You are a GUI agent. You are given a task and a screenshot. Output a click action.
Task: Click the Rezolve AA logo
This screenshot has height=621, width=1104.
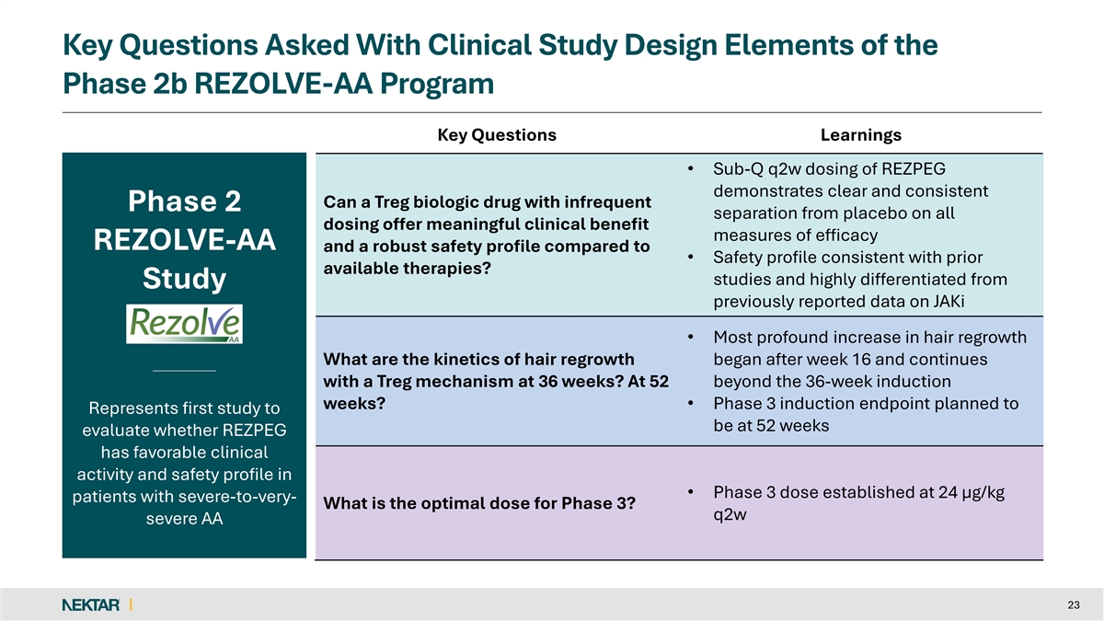pyautogui.click(x=184, y=324)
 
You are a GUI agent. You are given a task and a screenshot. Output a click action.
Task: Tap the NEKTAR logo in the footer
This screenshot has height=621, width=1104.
pyautogui.click(x=90, y=604)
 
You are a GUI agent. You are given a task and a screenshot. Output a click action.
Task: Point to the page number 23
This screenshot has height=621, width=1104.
pyautogui.click(x=1073, y=604)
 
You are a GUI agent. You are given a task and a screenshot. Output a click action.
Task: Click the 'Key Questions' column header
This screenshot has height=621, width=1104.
pyautogui.click(x=497, y=135)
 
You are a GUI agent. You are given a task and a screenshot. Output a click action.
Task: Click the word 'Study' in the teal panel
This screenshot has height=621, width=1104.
pyautogui.click(x=184, y=279)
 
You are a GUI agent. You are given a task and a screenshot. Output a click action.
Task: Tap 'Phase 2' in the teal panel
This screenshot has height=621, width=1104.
pyautogui.click(x=184, y=201)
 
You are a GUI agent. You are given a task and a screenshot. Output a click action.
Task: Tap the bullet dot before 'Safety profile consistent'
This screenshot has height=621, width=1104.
pyautogui.click(x=690, y=258)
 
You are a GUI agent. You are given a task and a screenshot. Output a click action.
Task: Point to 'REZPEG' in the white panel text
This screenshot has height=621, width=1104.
pyautogui.click(x=248, y=431)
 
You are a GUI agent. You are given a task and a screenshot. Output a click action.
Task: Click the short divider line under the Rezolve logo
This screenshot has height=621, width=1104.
pyautogui.click(x=184, y=370)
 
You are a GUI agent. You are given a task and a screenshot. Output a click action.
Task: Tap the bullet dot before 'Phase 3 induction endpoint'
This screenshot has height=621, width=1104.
pyautogui.click(x=690, y=404)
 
